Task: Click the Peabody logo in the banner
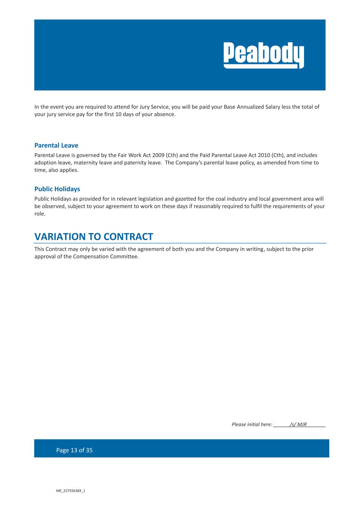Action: click(x=264, y=55)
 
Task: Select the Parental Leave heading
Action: click(x=56, y=145)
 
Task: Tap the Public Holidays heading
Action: click(x=57, y=189)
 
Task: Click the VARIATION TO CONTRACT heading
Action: click(x=94, y=237)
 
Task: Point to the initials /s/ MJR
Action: click(x=298, y=424)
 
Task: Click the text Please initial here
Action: click(x=252, y=424)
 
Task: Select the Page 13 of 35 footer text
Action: click(x=74, y=450)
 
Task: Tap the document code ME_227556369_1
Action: click(x=71, y=491)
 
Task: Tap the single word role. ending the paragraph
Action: click(x=40, y=214)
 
